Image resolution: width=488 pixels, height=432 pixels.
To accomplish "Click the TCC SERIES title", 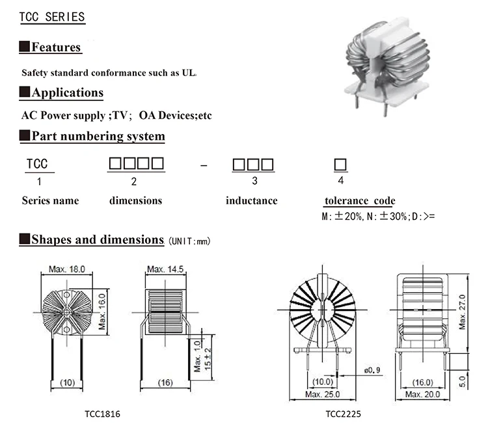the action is click(53, 17).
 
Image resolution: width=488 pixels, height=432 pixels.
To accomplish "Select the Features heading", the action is click(56, 47).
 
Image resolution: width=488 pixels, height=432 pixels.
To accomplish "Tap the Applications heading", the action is click(67, 92).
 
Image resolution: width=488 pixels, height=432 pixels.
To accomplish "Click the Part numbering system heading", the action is click(98, 136).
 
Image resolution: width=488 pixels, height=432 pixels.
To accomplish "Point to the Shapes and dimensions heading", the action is click(97, 239).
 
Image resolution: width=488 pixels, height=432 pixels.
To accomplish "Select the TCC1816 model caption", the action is click(102, 414).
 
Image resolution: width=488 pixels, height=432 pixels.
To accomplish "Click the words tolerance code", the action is click(359, 201).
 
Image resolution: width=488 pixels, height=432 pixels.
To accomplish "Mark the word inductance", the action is click(251, 200).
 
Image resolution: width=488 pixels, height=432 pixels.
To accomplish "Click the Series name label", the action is click(50, 200).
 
